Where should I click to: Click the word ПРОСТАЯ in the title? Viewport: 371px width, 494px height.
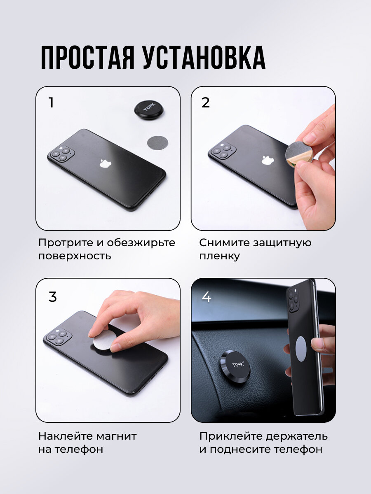pyautogui.click(x=88, y=57)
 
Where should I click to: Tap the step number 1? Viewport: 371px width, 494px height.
pyautogui.click(x=52, y=103)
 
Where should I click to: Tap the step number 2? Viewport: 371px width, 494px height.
pyautogui.click(x=205, y=103)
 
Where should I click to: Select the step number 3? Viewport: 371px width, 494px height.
pyautogui.click(x=52, y=297)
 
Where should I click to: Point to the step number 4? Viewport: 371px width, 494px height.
pyautogui.click(x=207, y=297)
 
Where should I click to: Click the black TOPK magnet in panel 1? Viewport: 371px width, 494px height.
pyautogui.click(x=149, y=110)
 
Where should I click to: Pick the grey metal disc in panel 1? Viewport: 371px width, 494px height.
pyautogui.click(x=158, y=142)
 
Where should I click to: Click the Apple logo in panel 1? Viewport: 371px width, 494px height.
pyautogui.click(x=106, y=163)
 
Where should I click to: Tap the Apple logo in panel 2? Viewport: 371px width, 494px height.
pyautogui.click(x=268, y=160)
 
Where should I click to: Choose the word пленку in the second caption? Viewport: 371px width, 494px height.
pyautogui.click(x=219, y=256)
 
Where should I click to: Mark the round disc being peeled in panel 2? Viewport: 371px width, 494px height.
pyautogui.click(x=299, y=153)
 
